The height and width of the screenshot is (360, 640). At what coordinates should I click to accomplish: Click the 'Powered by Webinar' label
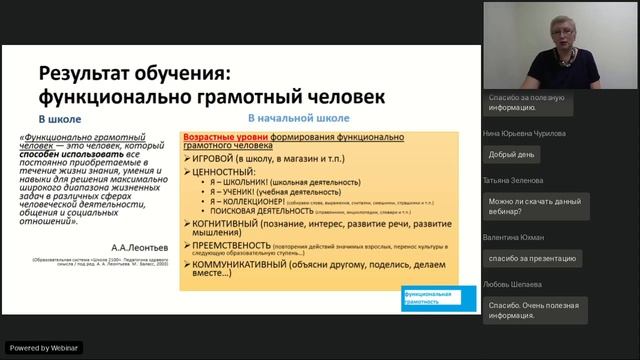43,348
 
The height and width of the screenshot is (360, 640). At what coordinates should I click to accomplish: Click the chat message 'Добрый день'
512,154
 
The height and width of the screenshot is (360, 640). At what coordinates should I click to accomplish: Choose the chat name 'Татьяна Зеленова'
513,180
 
